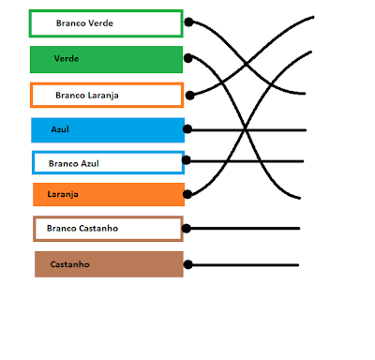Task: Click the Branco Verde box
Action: click(x=105, y=23)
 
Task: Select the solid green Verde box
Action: click(x=105, y=59)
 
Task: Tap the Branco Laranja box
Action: click(x=105, y=95)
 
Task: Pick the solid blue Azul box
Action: click(x=105, y=129)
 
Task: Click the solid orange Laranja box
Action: click(x=105, y=195)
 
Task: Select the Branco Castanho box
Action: click(x=108, y=229)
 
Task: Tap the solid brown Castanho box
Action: click(x=108, y=264)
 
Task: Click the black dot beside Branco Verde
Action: click(x=189, y=22)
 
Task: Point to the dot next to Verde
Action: click(x=189, y=58)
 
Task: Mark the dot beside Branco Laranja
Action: click(x=189, y=94)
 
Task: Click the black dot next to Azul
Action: click(x=188, y=129)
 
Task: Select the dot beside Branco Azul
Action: click(x=188, y=161)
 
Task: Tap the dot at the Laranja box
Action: click(x=188, y=194)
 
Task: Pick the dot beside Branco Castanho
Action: click(x=188, y=228)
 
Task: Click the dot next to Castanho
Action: click(x=188, y=264)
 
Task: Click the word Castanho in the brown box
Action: click(x=70, y=264)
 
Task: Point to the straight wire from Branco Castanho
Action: click(x=248, y=228)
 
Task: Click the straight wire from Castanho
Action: click(x=248, y=264)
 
